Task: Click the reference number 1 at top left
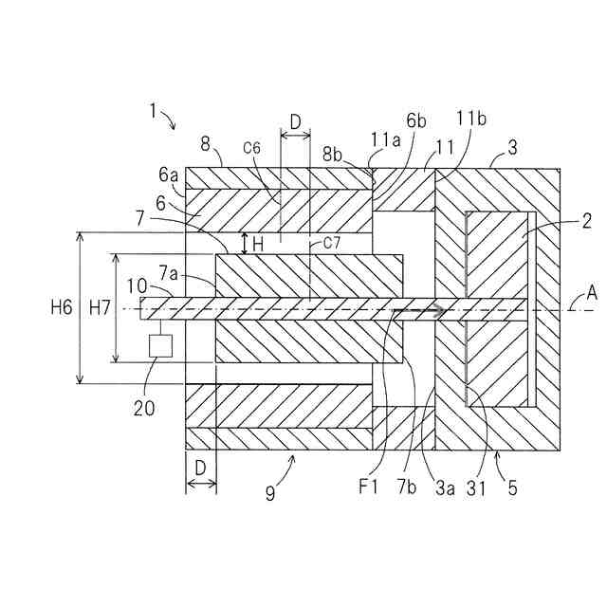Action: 153,110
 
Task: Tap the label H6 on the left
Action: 62,306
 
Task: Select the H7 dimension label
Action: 99,306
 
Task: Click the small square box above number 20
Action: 160,345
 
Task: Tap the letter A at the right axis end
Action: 592,294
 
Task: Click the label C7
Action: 331,244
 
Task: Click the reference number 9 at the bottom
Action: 270,492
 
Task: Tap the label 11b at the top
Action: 471,120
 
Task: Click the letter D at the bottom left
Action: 200,468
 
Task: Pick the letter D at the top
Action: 295,122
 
